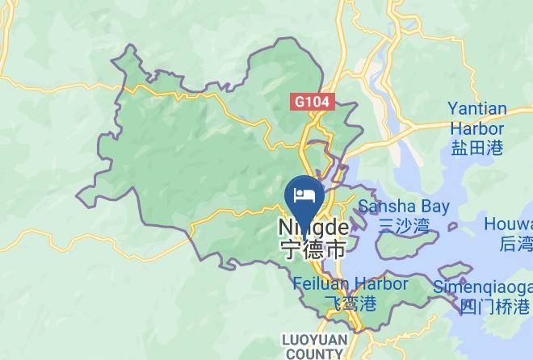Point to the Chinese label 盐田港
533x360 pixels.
point(477,147)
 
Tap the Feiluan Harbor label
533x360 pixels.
point(350,284)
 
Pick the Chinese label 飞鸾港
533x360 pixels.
point(350,303)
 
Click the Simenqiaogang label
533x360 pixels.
point(483,287)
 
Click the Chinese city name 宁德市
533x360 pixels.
point(313,249)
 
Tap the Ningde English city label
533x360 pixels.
point(314,228)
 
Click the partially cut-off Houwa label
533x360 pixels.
point(508,224)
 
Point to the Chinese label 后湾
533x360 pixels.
point(516,243)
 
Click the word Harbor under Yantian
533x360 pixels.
point(477,128)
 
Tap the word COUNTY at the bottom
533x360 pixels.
point(313,354)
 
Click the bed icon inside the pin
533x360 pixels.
point(305,194)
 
